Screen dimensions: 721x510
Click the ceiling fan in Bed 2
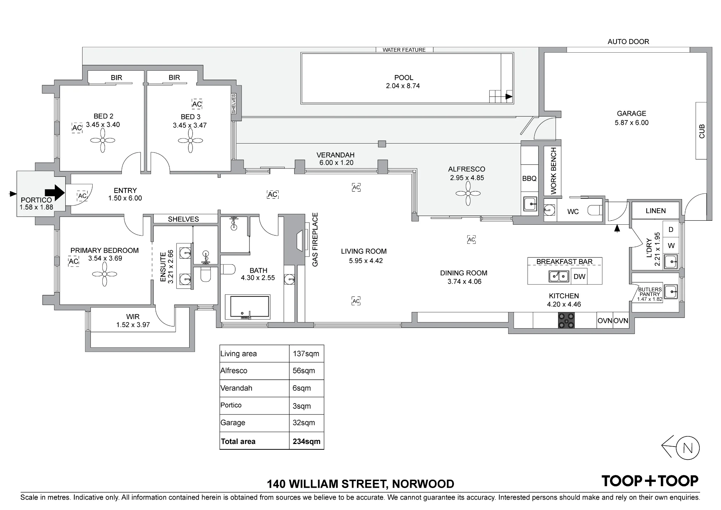click(x=103, y=141)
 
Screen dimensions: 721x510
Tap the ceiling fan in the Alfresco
click(x=468, y=194)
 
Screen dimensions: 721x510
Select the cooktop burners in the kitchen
click(x=567, y=321)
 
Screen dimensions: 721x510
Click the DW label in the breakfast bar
click(x=579, y=277)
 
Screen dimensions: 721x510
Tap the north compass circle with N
click(x=688, y=448)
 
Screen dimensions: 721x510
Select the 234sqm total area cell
click(x=306, y=441)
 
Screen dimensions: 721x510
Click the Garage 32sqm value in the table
click(x=304, y=423)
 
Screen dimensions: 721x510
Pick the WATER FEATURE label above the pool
click(x=404, y=50)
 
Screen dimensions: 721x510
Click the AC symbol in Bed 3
click(x=197, y=104)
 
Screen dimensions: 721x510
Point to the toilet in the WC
click(x=594, y=210)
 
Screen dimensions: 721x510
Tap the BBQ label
click(x=529, y=179)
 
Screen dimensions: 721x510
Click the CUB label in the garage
click(x=702, y=131)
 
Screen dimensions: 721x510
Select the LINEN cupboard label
click(x=656, y=211)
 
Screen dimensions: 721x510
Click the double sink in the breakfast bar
click(x=559, y=276)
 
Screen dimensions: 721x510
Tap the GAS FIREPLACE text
click(x=315, y=240)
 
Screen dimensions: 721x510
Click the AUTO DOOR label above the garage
click(x=628, y=42)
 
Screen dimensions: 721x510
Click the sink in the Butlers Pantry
click(x=671, y=291)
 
